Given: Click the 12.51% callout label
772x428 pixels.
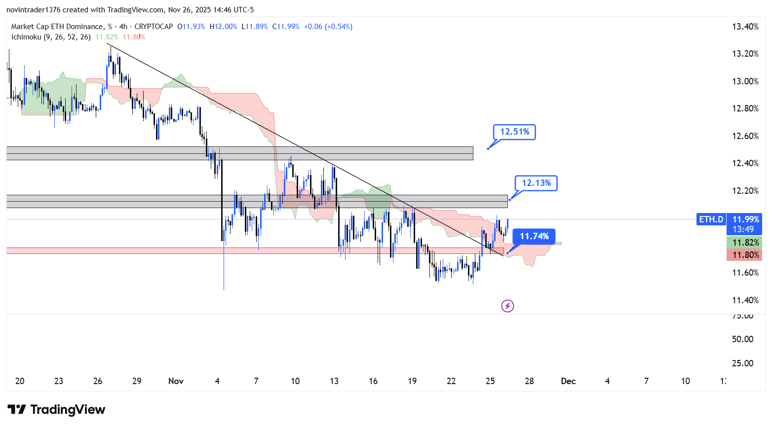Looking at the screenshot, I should coord(514,132).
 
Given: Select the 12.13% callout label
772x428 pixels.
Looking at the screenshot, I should coord(536,183).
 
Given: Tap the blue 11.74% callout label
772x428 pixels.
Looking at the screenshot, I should coord(534,236).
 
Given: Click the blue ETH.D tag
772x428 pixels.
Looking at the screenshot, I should coord(711,219).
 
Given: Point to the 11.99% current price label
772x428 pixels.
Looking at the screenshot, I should coord(745,219).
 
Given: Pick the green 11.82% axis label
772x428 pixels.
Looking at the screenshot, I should coord(745,243).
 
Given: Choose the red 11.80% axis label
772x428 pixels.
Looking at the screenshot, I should coord(745,255).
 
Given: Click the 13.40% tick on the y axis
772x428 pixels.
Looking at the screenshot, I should coord(745,27).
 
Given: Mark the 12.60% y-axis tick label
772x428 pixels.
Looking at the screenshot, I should coord(745,136).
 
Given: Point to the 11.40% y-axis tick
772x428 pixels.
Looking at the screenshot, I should coord(745,300).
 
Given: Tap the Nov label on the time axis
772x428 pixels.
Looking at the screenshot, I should coord(176,381).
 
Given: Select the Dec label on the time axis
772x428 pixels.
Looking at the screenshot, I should coord(568,381).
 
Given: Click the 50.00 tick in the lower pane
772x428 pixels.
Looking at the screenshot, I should coord(742,339).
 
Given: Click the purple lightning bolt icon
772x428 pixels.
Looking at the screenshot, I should coord(507,306).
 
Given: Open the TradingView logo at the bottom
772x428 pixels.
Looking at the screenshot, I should coord(56,410).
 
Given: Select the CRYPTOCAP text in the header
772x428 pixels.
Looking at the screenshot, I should coord(154,27).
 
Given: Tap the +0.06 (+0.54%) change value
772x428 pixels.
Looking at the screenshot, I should coord(328,27).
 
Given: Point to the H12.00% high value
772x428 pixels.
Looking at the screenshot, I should coord(223,27).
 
